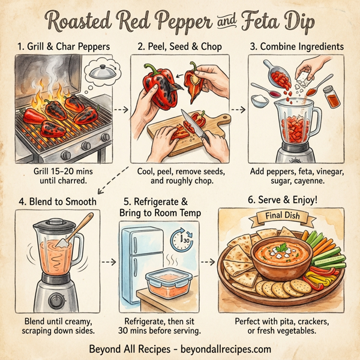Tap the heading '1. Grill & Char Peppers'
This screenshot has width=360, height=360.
(64, 45)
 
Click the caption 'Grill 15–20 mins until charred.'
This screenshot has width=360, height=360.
(64, 176)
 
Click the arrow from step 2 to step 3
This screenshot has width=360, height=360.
(239, 110)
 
